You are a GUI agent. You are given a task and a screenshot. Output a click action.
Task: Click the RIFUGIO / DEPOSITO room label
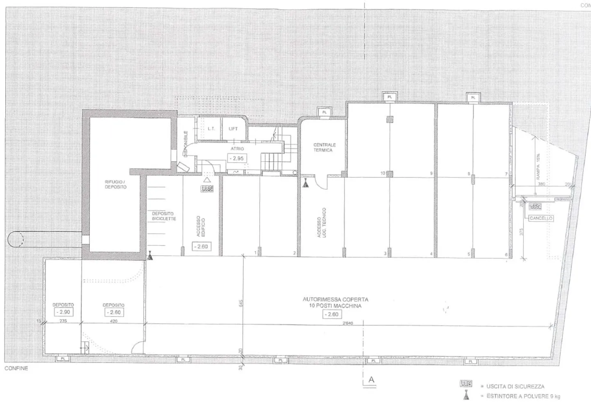(116, 184)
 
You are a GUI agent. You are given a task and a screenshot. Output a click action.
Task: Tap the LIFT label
(233, 129)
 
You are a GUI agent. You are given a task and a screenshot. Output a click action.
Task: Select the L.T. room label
(211, 129)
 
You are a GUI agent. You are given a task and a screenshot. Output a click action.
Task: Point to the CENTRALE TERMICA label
(324, 147)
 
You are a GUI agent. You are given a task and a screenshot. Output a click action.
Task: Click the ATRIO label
(237, 149)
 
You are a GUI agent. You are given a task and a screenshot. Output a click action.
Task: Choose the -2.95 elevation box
(237, 158)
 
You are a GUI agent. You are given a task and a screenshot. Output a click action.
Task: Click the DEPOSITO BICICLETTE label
(164, 216)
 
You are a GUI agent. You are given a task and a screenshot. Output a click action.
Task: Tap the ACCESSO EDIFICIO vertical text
(201, 226)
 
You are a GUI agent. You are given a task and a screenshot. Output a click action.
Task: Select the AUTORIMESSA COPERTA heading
(335, 300)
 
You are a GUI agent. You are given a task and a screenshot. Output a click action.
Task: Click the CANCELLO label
(541, 218)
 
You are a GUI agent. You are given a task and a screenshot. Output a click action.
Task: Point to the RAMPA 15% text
(538, 167)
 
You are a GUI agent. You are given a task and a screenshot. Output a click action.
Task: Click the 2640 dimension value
(348, 323)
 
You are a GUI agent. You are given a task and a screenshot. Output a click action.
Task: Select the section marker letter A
(371, 380)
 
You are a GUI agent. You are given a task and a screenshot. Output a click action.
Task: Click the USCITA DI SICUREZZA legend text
(515, 386)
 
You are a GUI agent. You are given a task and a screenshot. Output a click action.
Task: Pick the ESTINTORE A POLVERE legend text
(523, 396)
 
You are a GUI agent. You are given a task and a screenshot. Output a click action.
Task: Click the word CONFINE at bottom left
(16, 368)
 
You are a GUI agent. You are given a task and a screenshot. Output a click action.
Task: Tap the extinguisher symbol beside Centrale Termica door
(305, 183)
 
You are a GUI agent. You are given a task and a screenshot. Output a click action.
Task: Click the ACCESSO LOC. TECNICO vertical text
(321, 223)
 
